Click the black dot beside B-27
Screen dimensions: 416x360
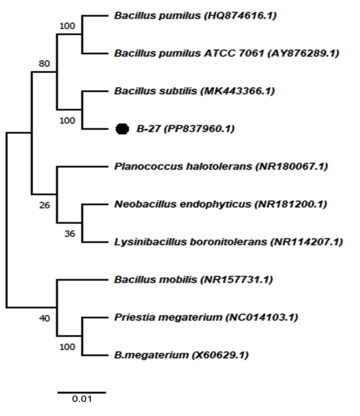pyautogui.click(x=122, y=129)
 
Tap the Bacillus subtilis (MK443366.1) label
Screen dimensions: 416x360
pyautogui.click(x=194, y=91)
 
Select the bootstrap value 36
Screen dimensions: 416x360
pyautogui.click(x=70, y=234)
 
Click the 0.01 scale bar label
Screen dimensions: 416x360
pyautogui.click(x=82, y=399)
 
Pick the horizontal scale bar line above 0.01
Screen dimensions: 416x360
pyautogui.click(x=82, y=392)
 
